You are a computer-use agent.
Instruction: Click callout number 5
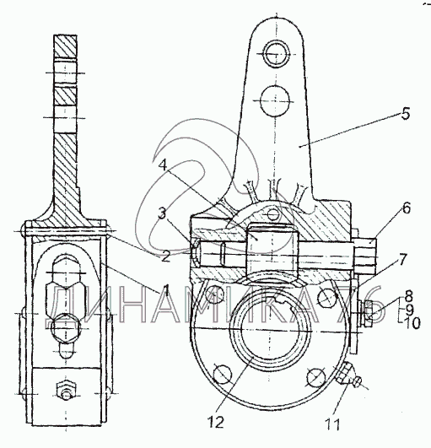click(406, 113)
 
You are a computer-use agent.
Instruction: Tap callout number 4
click(163, 165)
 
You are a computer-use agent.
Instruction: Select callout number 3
click(162, 213)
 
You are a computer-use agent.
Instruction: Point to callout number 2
click(165, 256)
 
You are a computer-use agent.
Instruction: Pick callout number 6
click(407, 208)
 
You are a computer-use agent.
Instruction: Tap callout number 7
click(401, 259)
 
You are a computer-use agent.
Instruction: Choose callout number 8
click(409, 296)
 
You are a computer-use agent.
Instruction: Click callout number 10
click(412, 323)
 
